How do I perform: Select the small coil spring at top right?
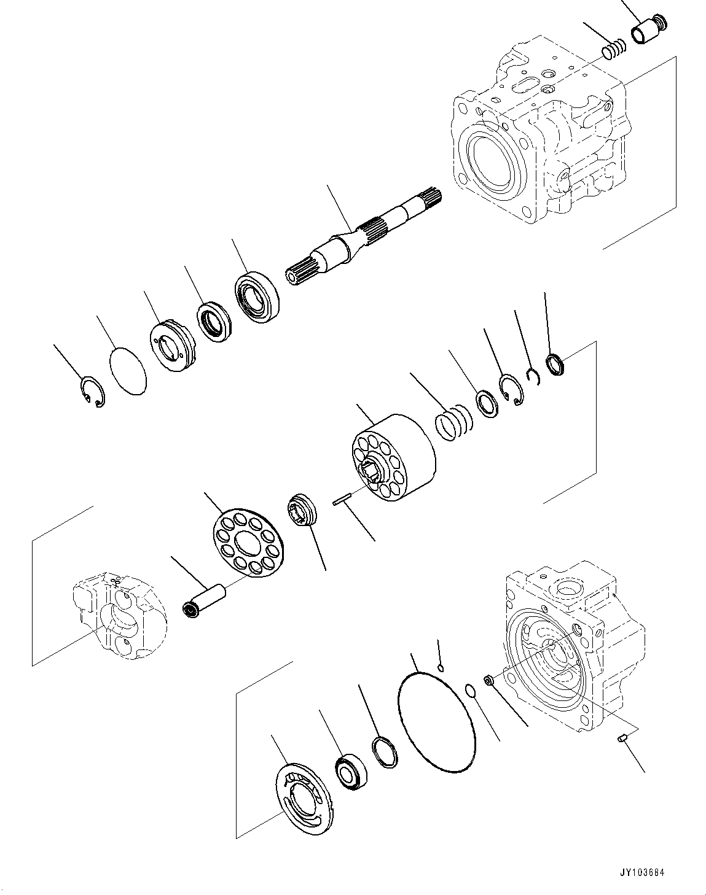(613, 50)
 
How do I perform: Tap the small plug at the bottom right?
(621, 740)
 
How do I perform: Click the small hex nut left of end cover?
(489, 680)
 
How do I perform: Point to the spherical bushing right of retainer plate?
(302, 509)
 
